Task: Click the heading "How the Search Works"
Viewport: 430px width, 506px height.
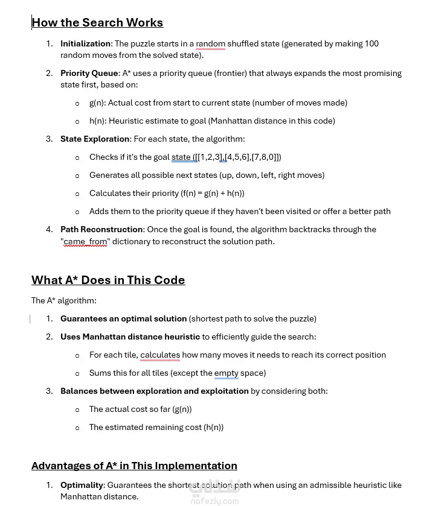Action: [x=97, y=23]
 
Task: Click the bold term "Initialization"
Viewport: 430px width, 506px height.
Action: [x=85, y=43]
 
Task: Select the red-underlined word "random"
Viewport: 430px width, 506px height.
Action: [x=210, y=43]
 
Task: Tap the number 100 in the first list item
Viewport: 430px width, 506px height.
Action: [x=371, y=43]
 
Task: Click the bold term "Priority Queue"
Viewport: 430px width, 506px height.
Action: [x=89, y=73]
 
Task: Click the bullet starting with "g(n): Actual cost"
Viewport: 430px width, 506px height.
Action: [x=218, y=103]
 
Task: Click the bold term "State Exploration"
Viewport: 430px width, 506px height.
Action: [x=95, y=139]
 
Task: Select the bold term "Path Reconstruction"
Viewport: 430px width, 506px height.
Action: [x=101, y=229]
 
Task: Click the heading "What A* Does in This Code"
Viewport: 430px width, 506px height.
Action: [x=108, y=280]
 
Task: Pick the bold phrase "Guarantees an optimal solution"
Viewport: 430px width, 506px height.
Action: [x=123, y=318]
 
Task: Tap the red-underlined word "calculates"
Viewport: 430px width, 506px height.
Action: [x=160, y=355]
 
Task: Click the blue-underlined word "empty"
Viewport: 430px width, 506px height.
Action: [x=226, y=373]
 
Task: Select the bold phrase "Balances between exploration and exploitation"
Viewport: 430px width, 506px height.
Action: [x=154, y=391]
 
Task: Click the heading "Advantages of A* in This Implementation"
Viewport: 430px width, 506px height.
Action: [x=134, y=466]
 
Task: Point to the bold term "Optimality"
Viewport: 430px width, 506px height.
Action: [x=82, y=485]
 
